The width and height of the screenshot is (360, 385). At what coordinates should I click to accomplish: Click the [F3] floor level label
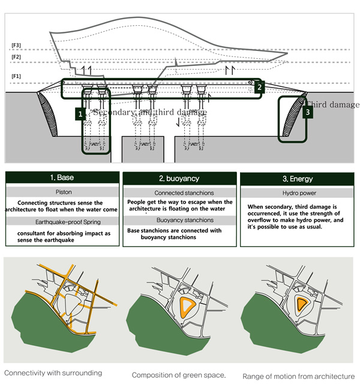(x=16, y=46)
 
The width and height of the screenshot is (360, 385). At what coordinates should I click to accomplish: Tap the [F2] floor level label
(x=16, y=57)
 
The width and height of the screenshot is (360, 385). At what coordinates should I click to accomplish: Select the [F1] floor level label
(x=16, y=76)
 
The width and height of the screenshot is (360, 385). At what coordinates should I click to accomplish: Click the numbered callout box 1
(x=80, y=113)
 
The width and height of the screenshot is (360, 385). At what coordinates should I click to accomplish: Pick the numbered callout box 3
(x=307, y=112)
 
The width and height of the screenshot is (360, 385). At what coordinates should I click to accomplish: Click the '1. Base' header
(x=61, y=179)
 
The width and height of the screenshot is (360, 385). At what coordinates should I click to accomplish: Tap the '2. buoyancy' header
(x=179, y=179)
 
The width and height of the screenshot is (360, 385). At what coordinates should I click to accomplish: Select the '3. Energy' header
(x=296, y=179)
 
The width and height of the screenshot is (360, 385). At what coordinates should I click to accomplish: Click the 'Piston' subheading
(x=63, y=192)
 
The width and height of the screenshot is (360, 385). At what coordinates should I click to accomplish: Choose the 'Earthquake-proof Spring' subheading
(x=63, y=221)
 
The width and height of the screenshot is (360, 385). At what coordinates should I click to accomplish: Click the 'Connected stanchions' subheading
(x=179, y=193)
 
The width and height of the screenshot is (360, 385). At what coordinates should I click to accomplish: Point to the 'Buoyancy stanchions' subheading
(x=179, y=220)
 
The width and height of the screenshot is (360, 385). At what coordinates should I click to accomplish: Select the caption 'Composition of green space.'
(x=178, y=375)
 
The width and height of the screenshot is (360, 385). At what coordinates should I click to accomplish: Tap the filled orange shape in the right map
(x=302, y=304)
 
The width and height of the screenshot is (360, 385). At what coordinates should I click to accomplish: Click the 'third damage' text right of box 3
(x=334, y=105)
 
